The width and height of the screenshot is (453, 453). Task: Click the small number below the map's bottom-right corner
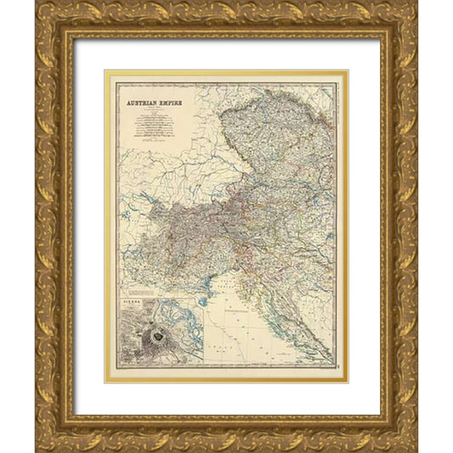click(333, 376)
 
